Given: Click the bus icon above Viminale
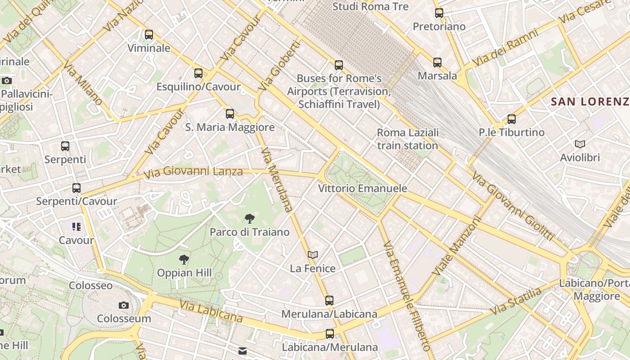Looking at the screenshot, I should coord(149,35).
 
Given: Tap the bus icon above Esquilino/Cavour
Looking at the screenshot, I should coord(198,73).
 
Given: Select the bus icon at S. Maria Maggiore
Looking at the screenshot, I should coord(230,114).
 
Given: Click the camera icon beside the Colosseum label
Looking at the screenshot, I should coord(124,306).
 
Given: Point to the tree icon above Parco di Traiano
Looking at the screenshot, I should coord(249,219).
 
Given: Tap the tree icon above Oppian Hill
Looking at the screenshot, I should coord(184,259).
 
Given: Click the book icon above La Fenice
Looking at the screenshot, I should coord(313,255).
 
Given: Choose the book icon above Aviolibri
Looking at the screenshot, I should coord(580,144).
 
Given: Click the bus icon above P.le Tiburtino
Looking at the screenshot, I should coord(512,119).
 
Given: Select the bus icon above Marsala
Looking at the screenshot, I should coord(437,63).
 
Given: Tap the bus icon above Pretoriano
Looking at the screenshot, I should coord(439,13).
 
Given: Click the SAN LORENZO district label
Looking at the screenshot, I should coord(590,102).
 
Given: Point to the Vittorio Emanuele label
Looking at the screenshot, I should coord(363,189).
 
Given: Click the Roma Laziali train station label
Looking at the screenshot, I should coord(408,139).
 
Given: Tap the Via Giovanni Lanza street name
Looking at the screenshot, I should coord(193,171).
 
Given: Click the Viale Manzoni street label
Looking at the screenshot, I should coord(457,247).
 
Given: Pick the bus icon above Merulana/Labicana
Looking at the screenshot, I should coord(329,300).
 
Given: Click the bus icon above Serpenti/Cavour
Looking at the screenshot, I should coord(76,188).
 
